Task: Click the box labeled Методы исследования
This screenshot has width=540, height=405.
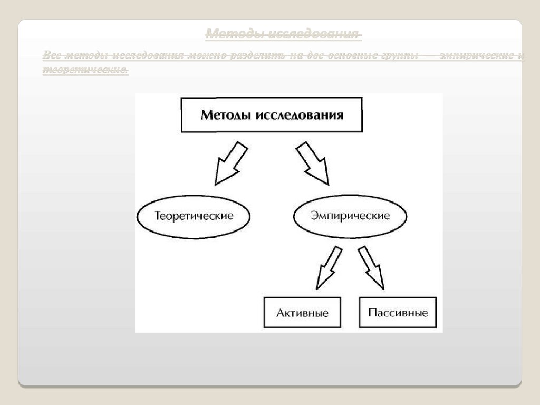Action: click(272, 114)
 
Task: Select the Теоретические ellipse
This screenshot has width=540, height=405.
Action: click(194, 216)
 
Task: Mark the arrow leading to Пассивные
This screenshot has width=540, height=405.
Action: click(372, 268)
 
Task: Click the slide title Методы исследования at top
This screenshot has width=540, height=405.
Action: click(283, 35)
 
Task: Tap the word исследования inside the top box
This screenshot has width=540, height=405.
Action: click(300, 115)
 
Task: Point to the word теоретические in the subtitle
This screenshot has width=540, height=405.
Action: click(85, 69)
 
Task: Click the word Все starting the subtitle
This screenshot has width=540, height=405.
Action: click(52, 55)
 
